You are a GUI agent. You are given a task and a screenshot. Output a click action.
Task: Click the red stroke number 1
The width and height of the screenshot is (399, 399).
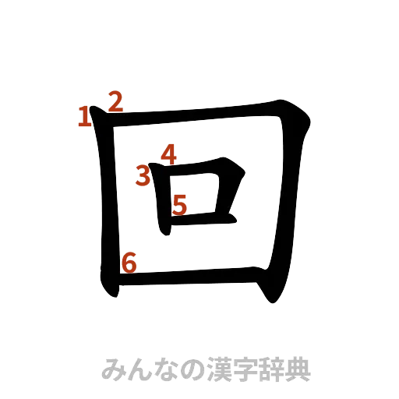pyautogui.click(x=83, y=117)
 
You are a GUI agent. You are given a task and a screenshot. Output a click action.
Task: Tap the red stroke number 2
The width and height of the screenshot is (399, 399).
pyautogui.click(x=115, y=101)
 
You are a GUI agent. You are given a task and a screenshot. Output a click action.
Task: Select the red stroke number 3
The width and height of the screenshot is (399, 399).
pyautogui.click(x=143, y=176)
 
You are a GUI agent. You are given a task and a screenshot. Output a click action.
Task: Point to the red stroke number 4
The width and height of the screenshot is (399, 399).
pyautogui.click(x=168, y=155)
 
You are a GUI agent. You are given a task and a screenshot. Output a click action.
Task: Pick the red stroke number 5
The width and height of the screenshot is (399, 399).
pyautogui.click(x=179, y=204)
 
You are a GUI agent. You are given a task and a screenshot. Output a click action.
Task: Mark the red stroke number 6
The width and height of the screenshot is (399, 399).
pyautogui.click(x=129, y=263)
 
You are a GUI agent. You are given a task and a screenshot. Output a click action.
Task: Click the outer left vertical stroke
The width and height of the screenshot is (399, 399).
pyautogui.click(x=107, y=203)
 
